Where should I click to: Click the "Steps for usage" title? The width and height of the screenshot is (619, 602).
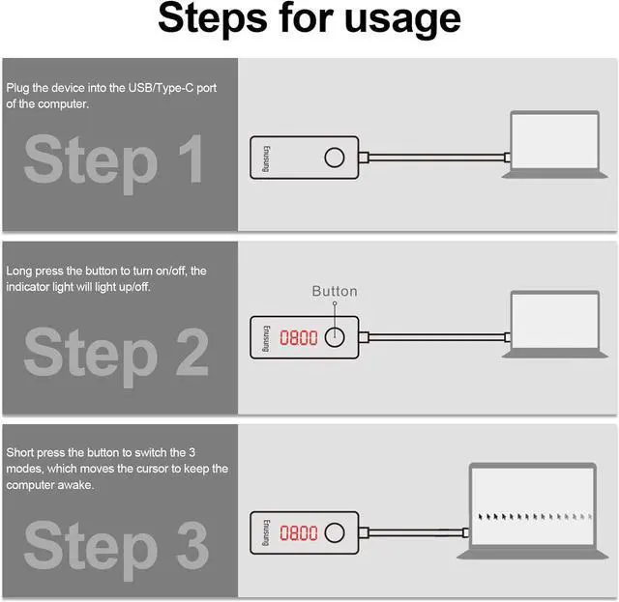tap(309, 19)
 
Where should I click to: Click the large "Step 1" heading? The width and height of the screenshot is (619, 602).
tap(114, 161)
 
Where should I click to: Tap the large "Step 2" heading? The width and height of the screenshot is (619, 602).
tap(116, 355)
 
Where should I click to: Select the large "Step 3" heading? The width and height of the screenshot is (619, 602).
tap(116, 548)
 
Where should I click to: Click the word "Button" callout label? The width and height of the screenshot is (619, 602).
tap(335, 291)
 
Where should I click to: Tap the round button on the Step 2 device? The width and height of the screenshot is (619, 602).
tap(335, 328)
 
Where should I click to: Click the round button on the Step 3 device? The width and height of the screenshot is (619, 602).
tap(335, 523)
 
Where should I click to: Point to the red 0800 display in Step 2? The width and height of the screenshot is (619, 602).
tap(299, 338)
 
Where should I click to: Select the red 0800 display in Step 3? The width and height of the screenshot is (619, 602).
tap(299, 533)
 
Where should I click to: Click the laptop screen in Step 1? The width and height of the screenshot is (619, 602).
tap(554, 141)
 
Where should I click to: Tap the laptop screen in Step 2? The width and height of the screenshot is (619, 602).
tap(554, 321)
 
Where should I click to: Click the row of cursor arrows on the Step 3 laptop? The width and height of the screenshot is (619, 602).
tap(535, 516)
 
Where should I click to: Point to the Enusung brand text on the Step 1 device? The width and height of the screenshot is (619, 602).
tap(267, 159)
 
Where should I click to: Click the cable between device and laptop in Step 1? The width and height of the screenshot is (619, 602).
tap(436, 158)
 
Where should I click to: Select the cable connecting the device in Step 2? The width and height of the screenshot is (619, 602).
tap(436, 337)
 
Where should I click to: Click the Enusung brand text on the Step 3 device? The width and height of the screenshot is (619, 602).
tap(267, 532)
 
